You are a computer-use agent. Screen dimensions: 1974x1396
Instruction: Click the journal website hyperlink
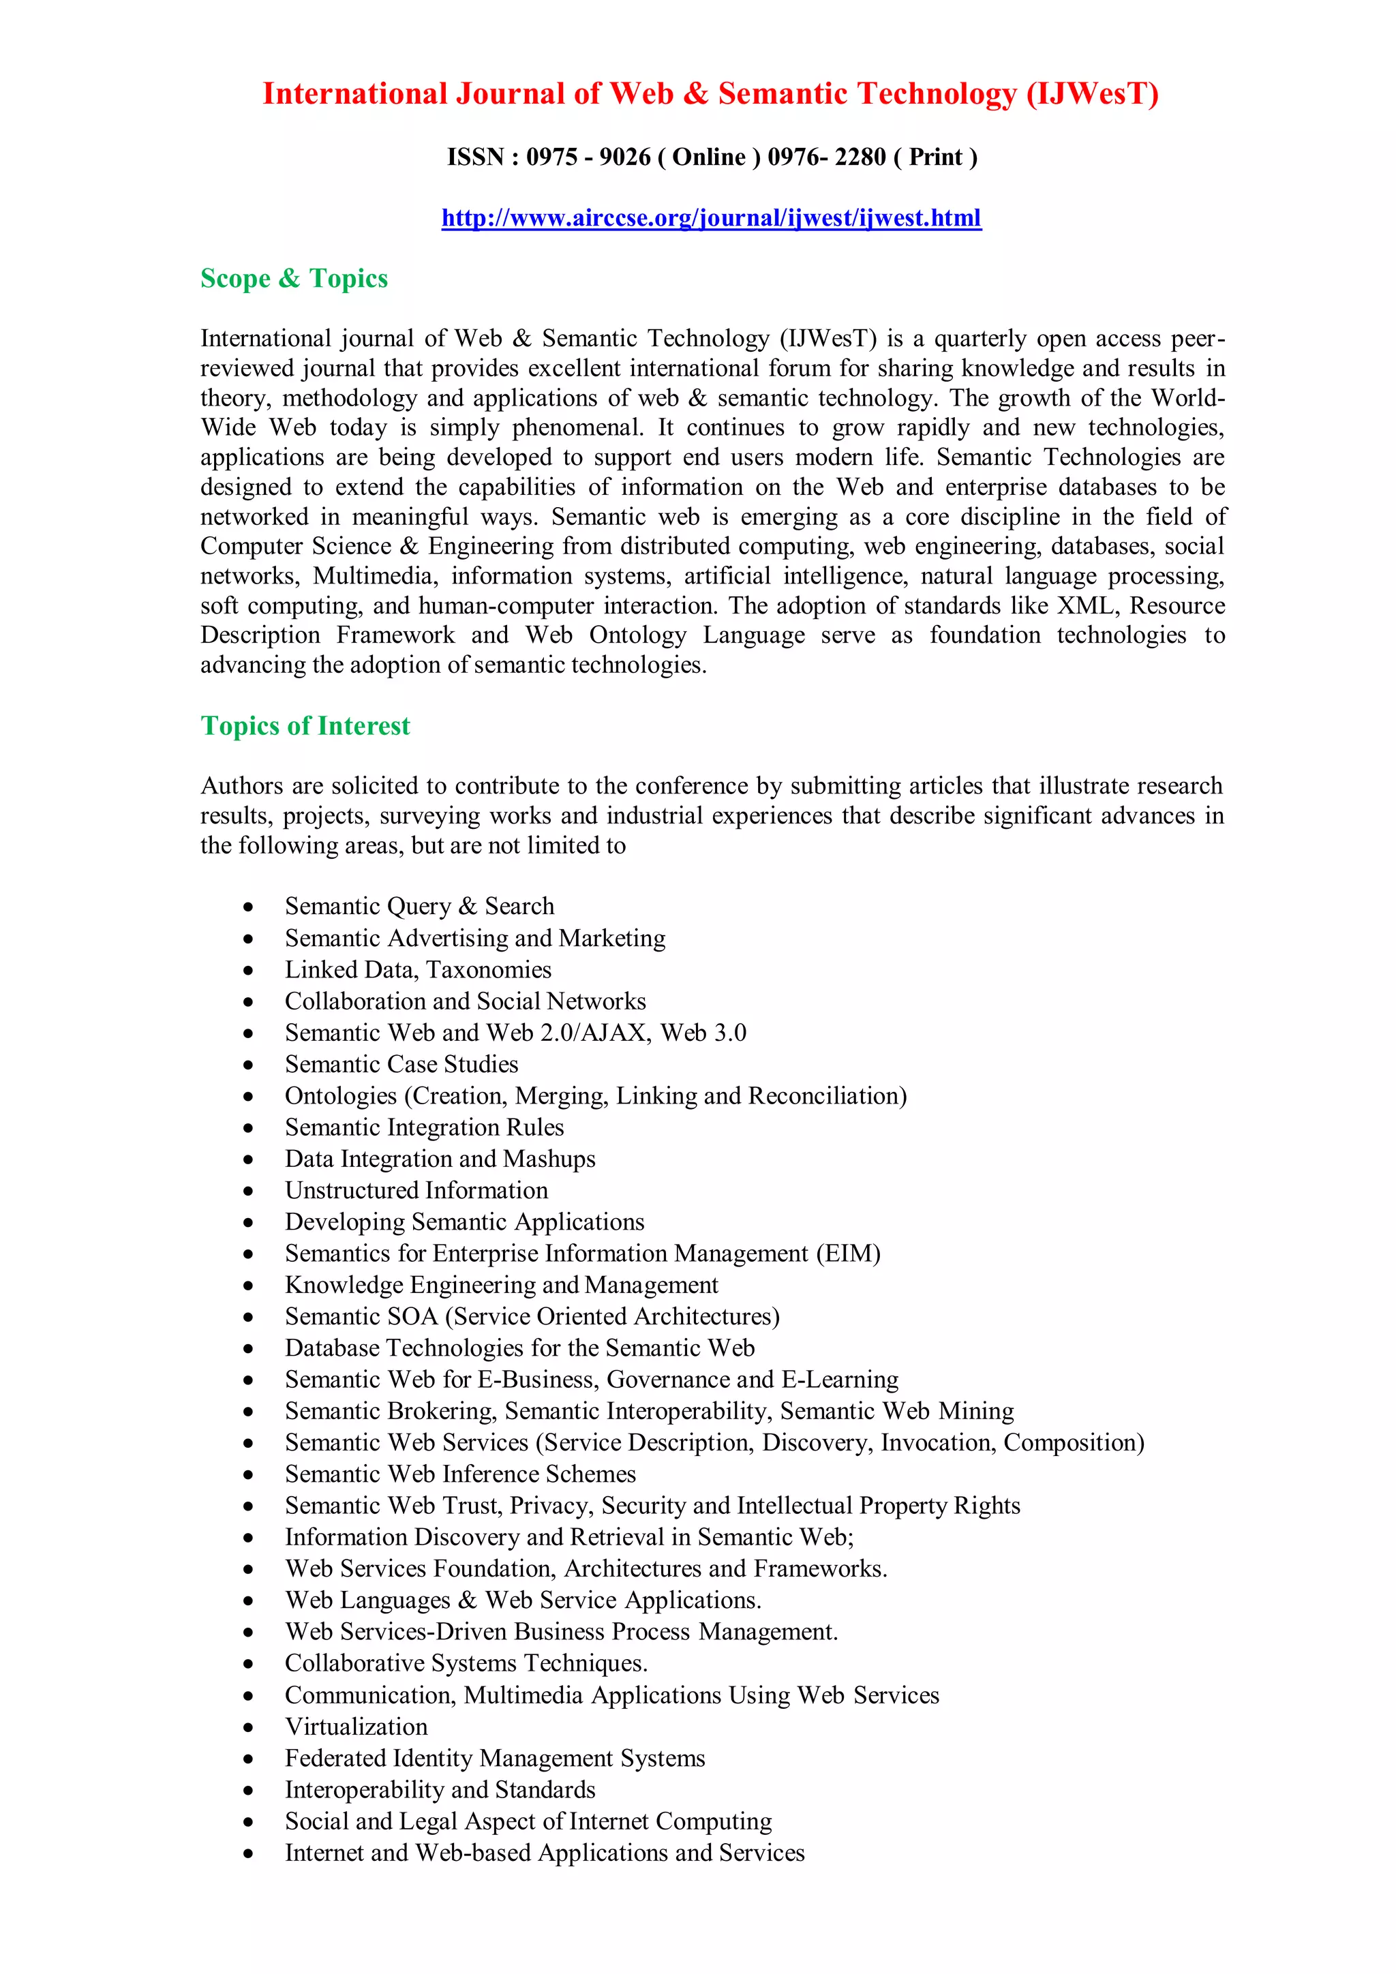[711, 217]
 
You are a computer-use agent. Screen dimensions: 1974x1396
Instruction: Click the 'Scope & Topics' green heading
[294, 279]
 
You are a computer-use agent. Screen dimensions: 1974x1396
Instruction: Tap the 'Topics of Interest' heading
[305, 726]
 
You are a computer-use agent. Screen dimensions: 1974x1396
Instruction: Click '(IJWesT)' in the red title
[1092, 93]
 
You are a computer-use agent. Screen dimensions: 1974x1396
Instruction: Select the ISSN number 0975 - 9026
[588, 157]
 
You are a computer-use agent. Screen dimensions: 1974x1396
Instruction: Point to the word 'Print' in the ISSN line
[935, 157]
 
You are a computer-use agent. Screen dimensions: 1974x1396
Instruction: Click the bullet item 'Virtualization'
[356, 1727]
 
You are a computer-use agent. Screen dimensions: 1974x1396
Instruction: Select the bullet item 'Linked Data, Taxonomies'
[418, 970]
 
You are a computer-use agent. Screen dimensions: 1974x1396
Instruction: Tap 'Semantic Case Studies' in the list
[401, 1065]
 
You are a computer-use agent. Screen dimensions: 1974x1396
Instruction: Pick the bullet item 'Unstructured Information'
[416, 1191]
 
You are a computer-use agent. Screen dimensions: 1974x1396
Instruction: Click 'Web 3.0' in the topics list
[703, 1033]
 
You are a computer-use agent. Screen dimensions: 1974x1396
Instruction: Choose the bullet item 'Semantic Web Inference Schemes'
[460, 1474]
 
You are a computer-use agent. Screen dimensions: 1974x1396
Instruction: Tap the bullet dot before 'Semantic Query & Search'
[248, 907]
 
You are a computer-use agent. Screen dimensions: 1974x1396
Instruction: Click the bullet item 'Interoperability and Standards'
[440, 1790]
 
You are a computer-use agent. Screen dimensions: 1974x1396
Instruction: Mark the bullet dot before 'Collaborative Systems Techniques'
[248, 1665]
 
